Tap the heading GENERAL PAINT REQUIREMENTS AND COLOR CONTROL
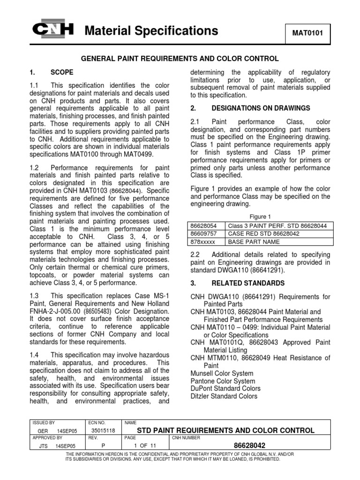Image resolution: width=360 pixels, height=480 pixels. [x=180, y=59]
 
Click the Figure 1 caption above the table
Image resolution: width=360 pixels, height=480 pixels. [x=260, y=217]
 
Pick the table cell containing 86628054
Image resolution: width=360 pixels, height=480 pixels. [x=206, y=226]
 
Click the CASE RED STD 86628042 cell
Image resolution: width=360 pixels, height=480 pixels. [x=263, y=234]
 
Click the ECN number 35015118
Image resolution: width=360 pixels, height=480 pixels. [x=102, y=430]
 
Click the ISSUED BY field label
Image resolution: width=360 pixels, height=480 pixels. [x=42, y=422]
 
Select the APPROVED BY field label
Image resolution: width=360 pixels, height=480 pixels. [x=44, y=438]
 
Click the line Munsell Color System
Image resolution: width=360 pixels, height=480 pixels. [x=222, y=373]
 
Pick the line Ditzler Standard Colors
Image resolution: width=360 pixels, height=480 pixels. [x=224, y=396]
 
